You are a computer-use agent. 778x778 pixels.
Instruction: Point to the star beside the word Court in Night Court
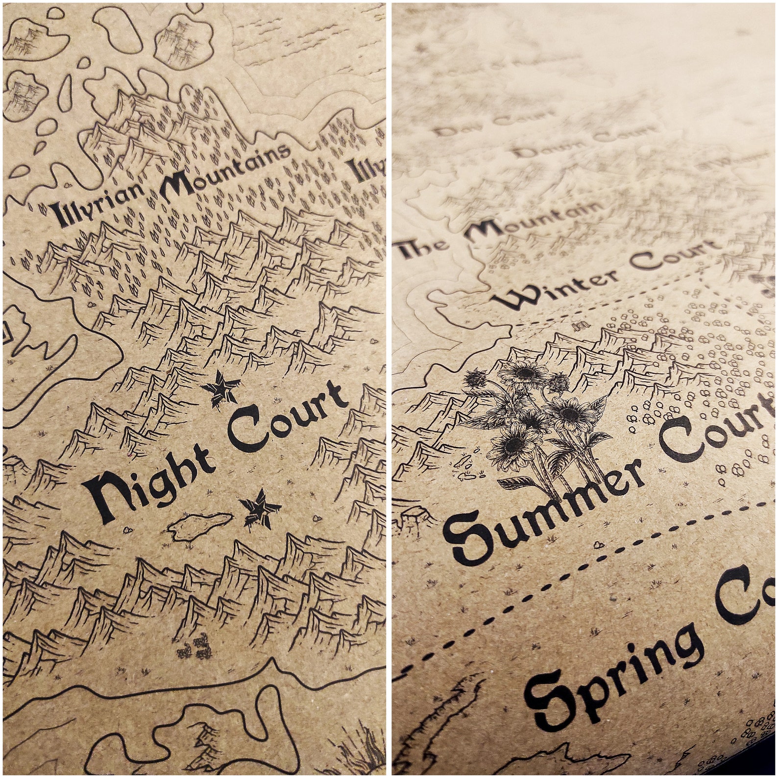(219, 387)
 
